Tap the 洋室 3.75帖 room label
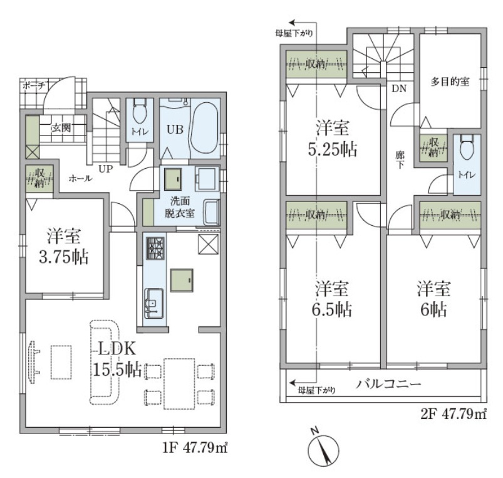point(65,247)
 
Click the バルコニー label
point(388,384)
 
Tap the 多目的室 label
point(450,82)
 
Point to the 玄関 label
point(61,128)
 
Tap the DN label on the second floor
point(399,88)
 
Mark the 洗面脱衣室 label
point(179,208)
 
